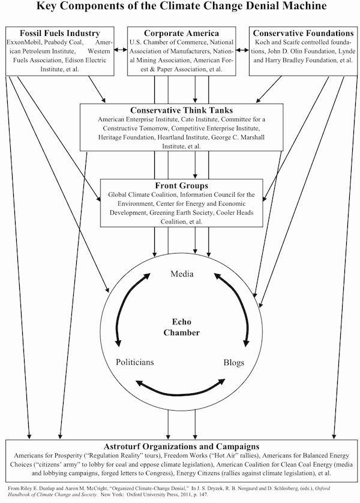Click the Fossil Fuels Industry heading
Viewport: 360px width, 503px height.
click(60, 34)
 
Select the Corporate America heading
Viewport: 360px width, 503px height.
click(180, 34)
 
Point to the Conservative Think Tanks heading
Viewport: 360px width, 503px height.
click(182, 110)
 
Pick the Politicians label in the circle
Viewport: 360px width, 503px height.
click(134, 362)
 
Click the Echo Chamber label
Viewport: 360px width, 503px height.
click(181, 327)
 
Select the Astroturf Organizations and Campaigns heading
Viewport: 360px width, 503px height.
click(181, 447)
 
